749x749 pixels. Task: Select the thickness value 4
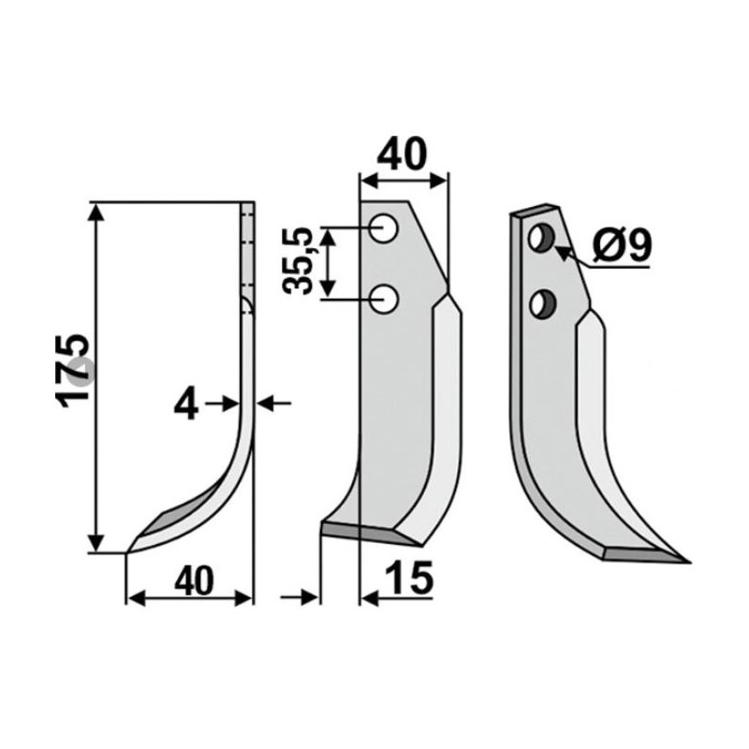point(187,404)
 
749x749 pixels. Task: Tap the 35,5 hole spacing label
point(301,260)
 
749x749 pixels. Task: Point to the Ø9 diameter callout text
point(622,246)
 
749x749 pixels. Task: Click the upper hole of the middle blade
point(382,227)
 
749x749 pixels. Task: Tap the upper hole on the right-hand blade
point(540,238)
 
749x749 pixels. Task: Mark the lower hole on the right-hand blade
point(541,302)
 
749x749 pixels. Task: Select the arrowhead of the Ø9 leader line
point(562,251)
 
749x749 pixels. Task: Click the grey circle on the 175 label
point(82,372)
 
